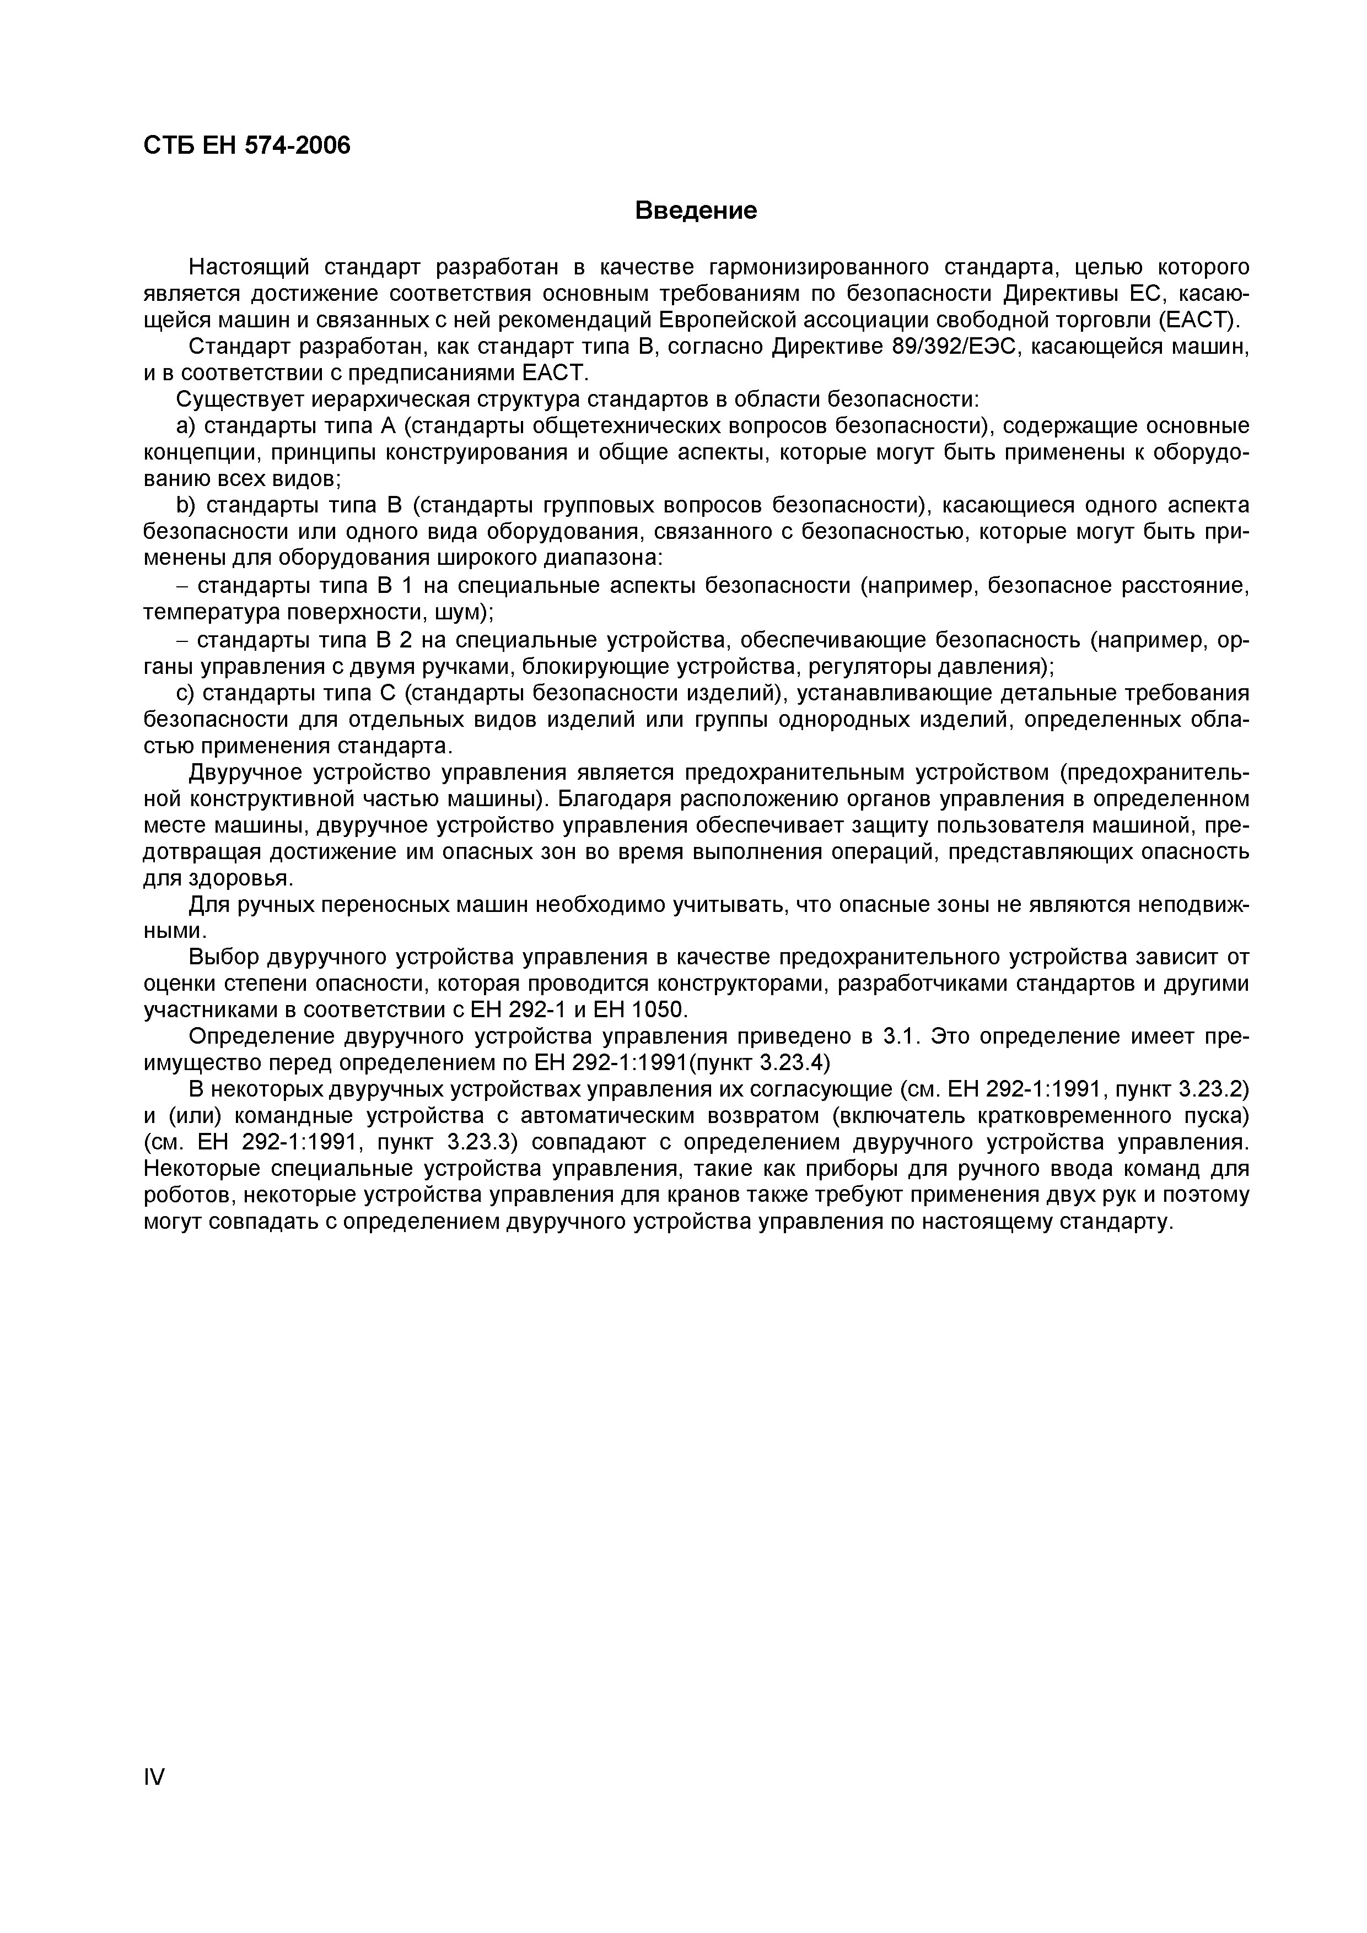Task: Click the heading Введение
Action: [x=696, y=210]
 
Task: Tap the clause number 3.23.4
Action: [x=791, y=1062]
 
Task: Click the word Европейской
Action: [x=732, y=321]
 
